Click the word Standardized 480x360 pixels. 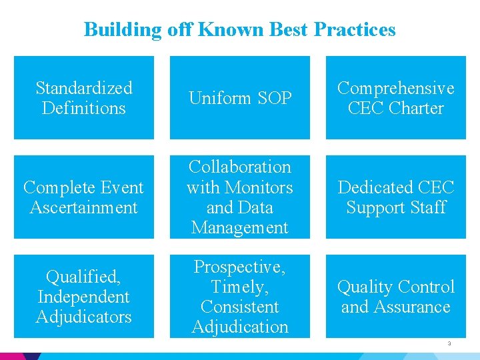click(84, 88)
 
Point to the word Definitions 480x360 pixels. click(84, 108)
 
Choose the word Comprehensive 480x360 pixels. click(396, 88)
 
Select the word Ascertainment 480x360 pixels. click(84, 207)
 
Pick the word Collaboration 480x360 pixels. click(240, 167)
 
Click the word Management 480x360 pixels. click(240, 227)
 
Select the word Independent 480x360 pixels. click(84, 297)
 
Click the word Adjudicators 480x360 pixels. click(84, 317)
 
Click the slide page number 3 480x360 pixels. click(449, 344)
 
